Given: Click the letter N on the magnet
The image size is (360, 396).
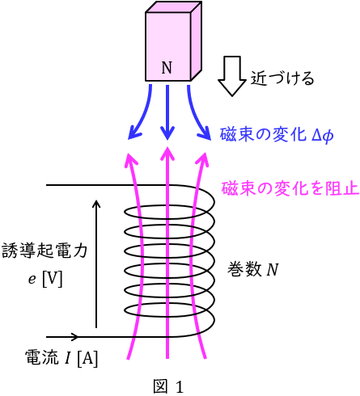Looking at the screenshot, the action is tap(167, 68).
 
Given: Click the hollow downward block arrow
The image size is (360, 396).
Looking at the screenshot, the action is tap(232, 76).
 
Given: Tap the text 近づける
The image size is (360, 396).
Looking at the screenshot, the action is tap(282, 78).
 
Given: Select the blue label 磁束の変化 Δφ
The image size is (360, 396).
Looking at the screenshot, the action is tap(277, 134).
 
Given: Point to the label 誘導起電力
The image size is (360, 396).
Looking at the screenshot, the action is tap(44, 251).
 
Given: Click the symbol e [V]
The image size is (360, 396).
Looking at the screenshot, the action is tap(45, 278).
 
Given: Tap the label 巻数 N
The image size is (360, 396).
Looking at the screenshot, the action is tap(253, 269).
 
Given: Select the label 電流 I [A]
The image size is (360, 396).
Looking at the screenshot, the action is tap(61, 358).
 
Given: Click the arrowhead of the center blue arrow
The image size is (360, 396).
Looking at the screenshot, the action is tap(167, 133).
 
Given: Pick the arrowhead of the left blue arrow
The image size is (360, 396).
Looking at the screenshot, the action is tap(134, 133).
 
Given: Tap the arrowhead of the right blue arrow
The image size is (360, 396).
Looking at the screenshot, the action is tap(205, 133).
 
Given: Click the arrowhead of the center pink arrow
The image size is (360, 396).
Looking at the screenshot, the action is tap(167, 154).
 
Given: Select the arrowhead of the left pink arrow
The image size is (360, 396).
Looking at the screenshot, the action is tap(131, 160).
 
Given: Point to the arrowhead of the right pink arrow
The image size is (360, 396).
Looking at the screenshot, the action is tap(202, 159).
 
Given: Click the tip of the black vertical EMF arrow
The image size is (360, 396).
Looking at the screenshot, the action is tap(96, 200).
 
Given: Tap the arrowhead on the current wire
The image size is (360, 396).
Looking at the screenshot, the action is tap(74, 336).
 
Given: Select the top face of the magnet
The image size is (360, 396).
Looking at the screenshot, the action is tap(174, 7).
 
